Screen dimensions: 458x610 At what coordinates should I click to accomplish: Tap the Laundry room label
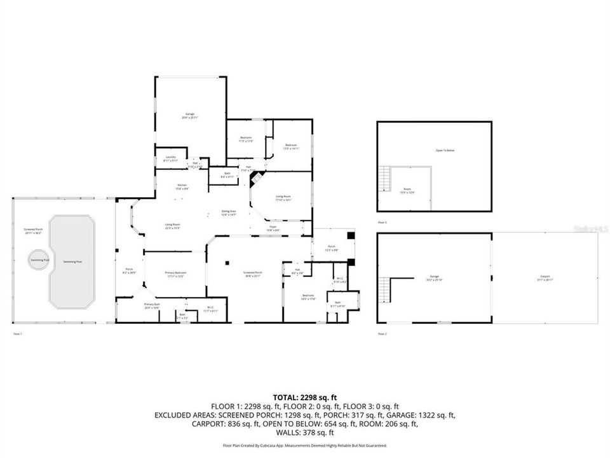click(x=170, y=158)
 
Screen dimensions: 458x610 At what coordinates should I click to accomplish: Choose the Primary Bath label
click(x=152, y=305)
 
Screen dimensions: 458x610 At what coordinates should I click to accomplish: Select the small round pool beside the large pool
click(x=36, y=260)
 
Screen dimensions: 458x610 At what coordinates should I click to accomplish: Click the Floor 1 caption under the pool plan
click(x=18, y=333)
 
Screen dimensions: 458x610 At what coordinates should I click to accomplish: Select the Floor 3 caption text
click(x=382, y=223)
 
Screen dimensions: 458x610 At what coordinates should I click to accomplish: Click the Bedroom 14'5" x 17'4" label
click(x=308, y=297)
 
